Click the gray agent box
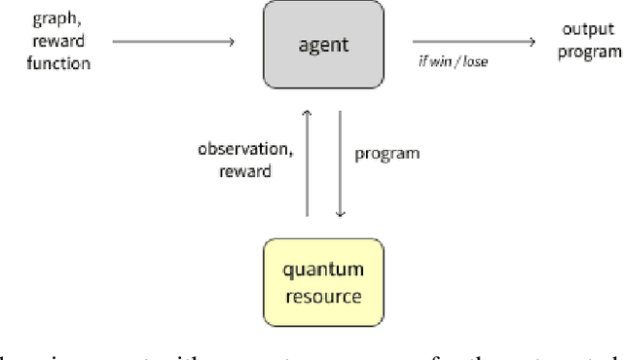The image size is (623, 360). (x=324, y=44)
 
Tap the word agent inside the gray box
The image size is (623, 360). (x=324, y=44)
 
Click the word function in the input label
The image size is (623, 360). (x=35, y=63)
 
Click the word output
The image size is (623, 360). (x=588, y=30)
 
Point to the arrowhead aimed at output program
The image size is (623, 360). (x=531, y=42)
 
